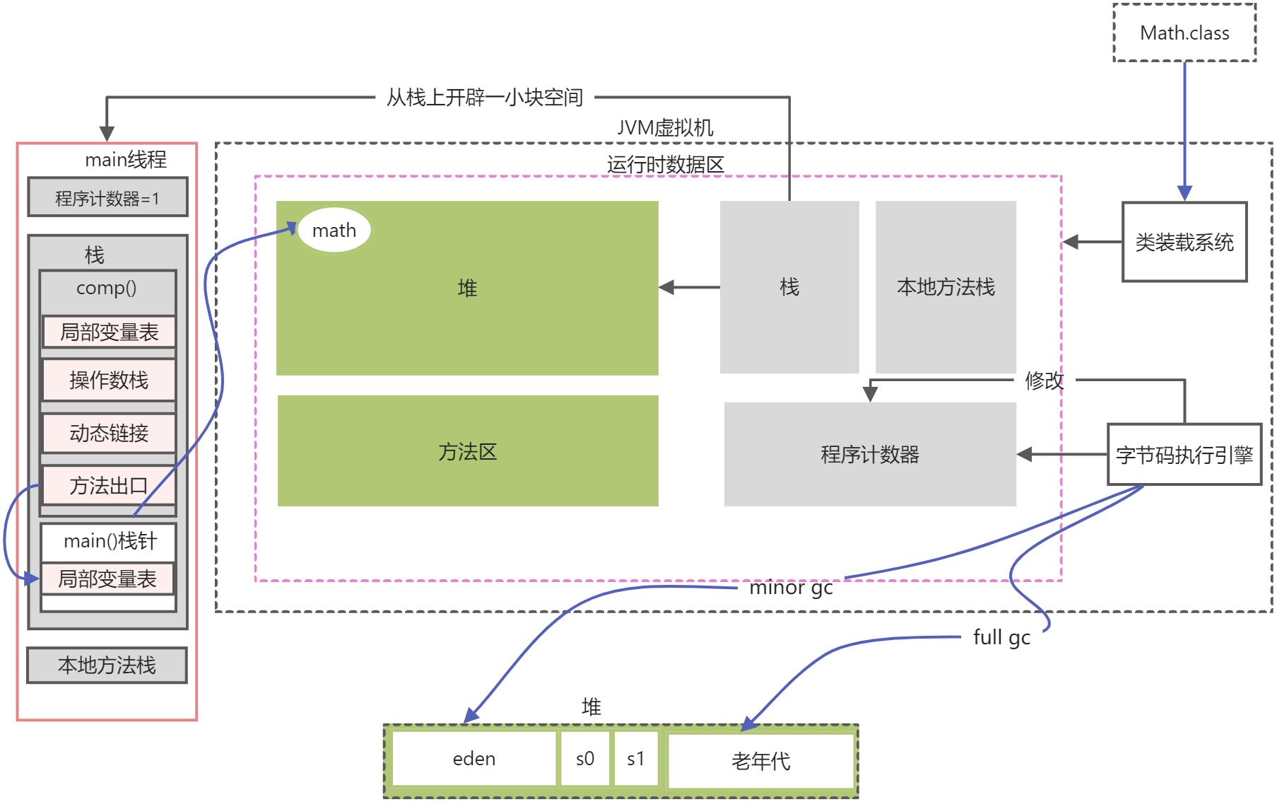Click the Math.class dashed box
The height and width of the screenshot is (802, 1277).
click(x=1184, y=33)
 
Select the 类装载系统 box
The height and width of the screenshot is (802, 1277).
click(x=1184, y=243)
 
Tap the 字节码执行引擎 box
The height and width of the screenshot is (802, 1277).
click(x=1184, y=455)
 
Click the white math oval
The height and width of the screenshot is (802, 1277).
click(x=334, y=231)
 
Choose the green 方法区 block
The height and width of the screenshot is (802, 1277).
click(x=468, y=451)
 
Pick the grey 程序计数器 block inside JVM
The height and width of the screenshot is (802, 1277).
click(x=870, y=455)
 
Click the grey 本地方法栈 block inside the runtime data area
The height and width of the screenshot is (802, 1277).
click(x=946, y=287)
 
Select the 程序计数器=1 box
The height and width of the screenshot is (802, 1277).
click(x=107, y=198)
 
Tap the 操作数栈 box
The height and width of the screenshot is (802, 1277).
click(x=109, y=380)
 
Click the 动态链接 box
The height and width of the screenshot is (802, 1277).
click(x=109, y=433)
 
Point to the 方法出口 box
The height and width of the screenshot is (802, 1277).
click(x=109, y=486)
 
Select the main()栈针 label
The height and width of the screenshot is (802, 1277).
click(x=110, y=542)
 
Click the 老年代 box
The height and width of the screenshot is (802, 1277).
click(x=761, y=761)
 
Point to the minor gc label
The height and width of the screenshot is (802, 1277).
click(x=791, y=588)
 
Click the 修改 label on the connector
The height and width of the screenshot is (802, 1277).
click(x=1044, y=380)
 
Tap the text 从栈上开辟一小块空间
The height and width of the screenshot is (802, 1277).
click(x=485, y=98)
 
